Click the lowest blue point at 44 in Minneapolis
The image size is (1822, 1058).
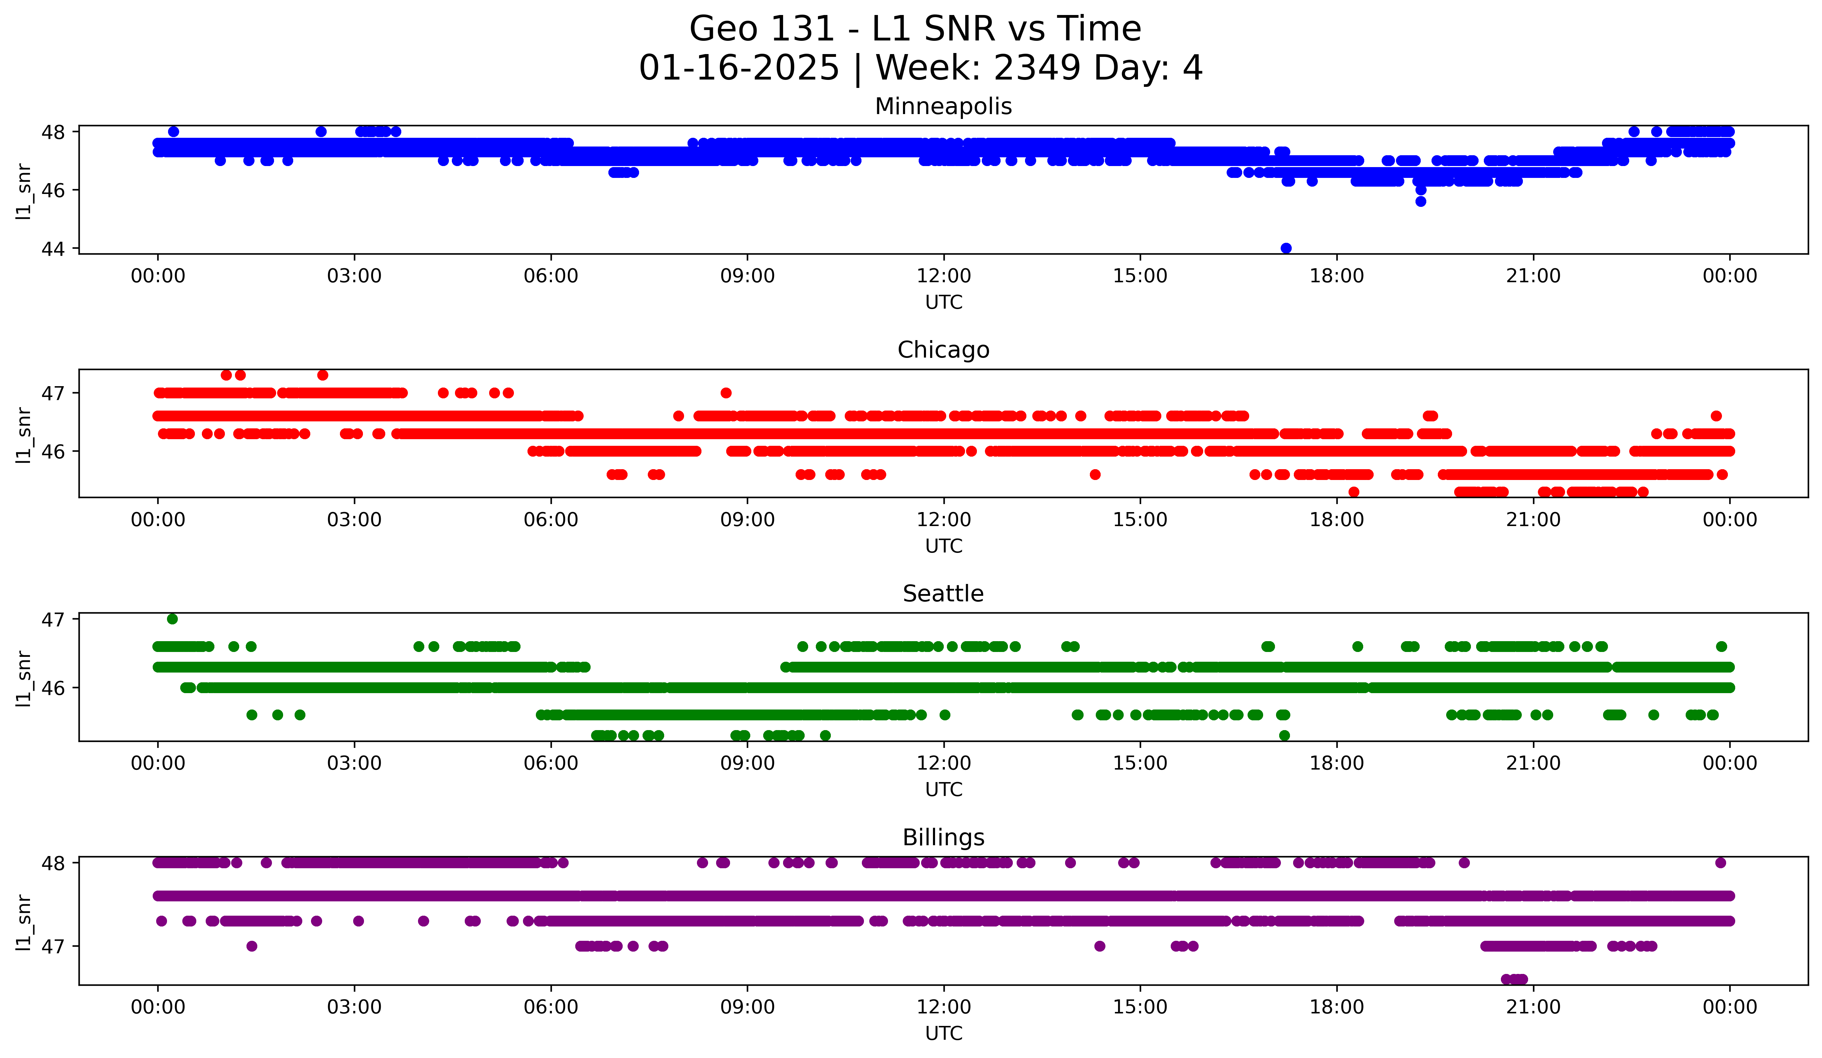1285,248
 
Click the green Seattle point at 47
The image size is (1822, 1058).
172,619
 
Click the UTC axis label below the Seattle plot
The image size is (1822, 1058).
943,790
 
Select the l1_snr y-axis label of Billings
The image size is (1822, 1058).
24,922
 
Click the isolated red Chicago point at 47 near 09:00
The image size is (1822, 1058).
726,393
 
